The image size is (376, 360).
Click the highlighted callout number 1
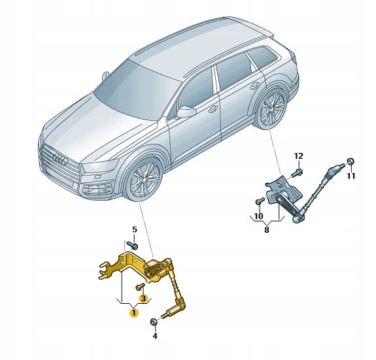(x=134, y=312)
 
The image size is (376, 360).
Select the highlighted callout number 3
(x=143, y=299)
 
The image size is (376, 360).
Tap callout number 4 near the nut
(x=155, y=336)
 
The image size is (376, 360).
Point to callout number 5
(x=135, y=230)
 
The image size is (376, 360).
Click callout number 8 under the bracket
(x=267, y=230)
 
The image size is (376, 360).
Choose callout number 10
(x=258, y=216)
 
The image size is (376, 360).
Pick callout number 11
(x=351, y=176)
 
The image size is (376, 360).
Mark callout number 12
(x=299, y=156)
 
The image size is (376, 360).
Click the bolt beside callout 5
(x=132, y=245)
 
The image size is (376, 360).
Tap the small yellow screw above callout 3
(x=141, y=286)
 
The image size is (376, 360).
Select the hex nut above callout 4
(x=153, y=321)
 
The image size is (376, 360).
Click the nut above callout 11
(x=350, y=161)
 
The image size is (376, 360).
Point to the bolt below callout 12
(x=297, y=173)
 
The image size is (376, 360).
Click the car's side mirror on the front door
(x=186, y=112)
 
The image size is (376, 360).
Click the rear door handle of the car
(x=254, y=86)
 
